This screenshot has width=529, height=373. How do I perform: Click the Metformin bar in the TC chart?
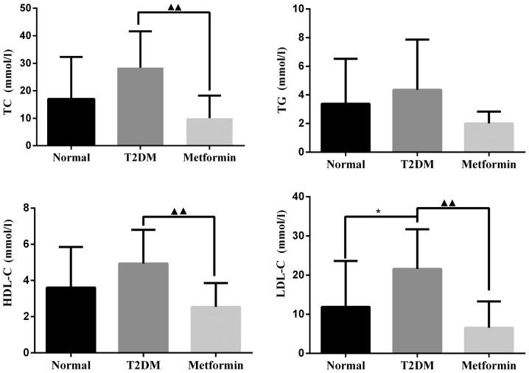point(209,131)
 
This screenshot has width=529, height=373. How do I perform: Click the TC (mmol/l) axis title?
point(10,77)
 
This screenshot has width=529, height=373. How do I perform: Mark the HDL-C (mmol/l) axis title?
point(10,280)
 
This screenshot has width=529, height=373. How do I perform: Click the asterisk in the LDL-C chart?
point(378,212)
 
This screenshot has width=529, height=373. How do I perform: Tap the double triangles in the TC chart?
point(175,7)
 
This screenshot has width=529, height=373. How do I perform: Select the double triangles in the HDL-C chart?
point(178,212)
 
